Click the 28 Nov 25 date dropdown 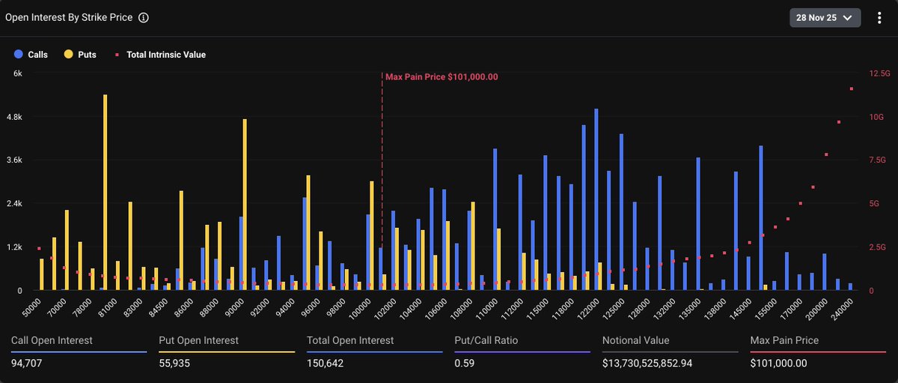pos(825,17)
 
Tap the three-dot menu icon pos(879,17)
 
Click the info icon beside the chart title pos(144,17)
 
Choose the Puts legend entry pos(81,55)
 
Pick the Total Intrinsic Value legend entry pos(160,55)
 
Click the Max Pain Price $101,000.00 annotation pos(442,76)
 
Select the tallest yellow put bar pos(105,192)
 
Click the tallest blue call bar pos(596,199)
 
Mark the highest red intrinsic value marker pos(851,89)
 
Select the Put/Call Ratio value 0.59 pos(465,364)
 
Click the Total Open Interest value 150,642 pos(325,364)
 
